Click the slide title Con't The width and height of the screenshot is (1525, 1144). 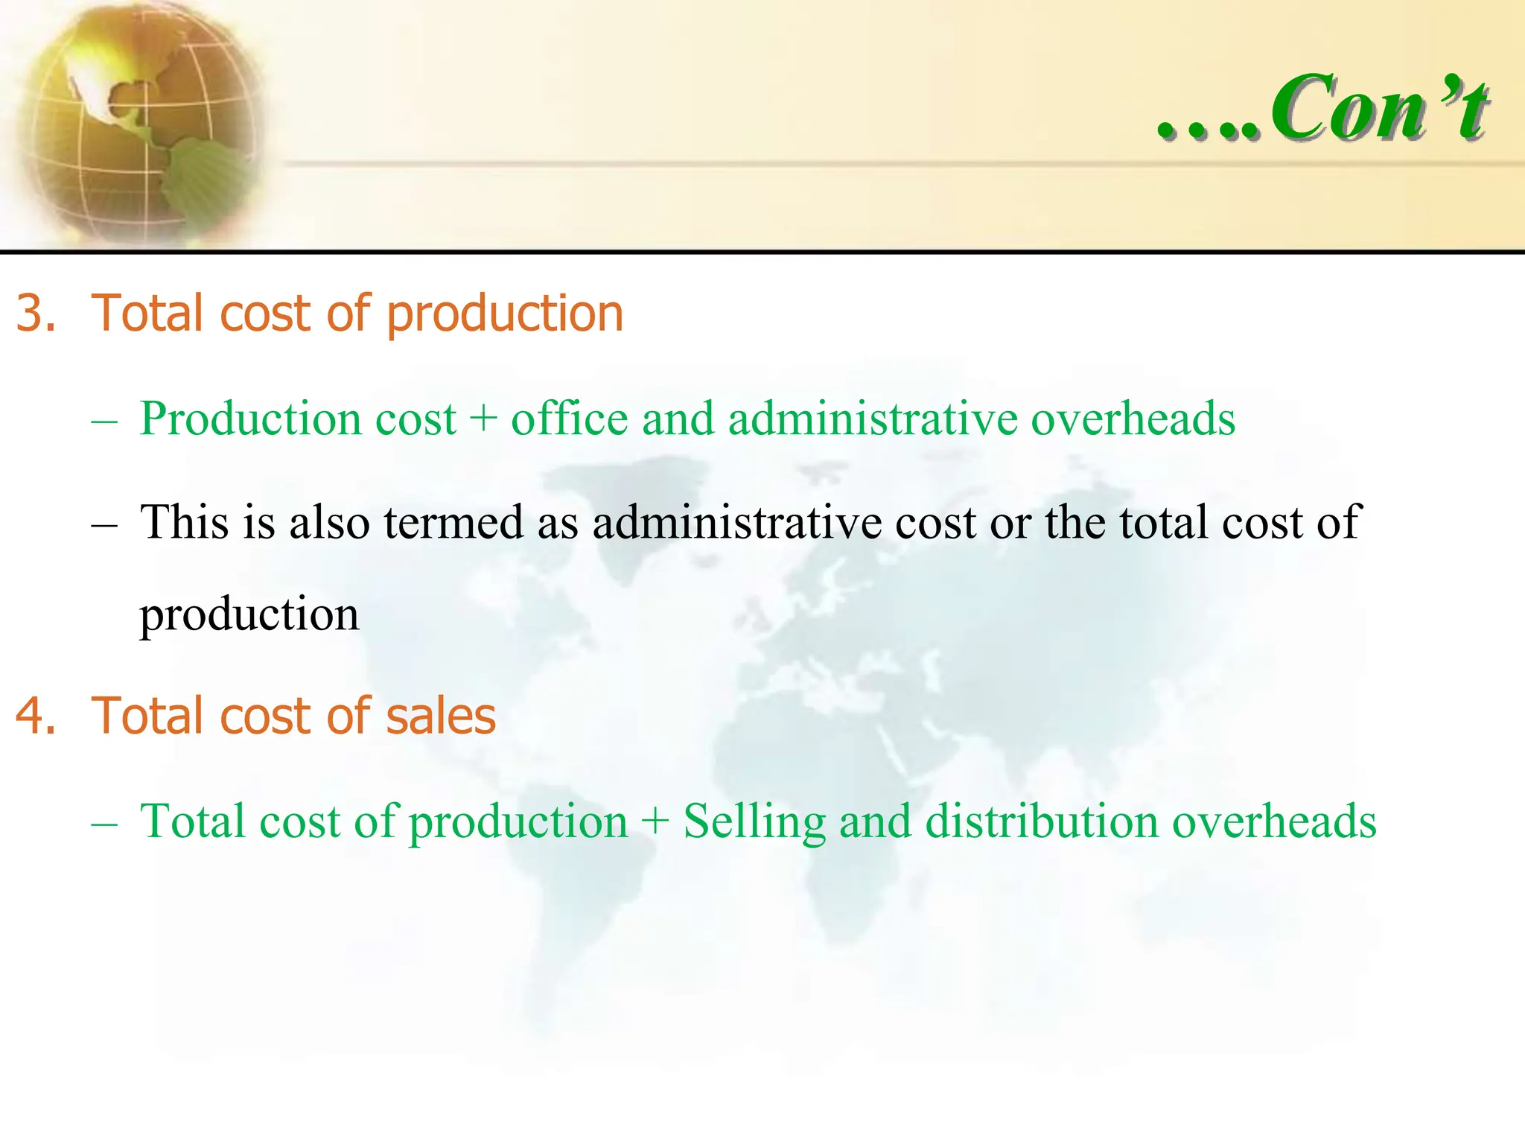click(x=1378, y=109)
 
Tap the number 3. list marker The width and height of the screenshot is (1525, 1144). click(x=36, y=313)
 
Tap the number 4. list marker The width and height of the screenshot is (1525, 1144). click(x=36, y=716)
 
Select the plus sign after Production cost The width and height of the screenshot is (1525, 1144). click(x=483, y=418)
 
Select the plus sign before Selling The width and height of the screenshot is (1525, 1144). click(x=655, y=821)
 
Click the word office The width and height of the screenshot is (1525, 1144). click(x=569, y=418)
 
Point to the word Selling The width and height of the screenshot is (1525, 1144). click(x=754, y=821)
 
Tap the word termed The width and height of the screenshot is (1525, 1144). click(x=453, y=521)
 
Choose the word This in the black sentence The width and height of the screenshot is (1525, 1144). click(x=184, y=521)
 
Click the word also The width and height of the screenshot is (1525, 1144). click(x=329, y=521)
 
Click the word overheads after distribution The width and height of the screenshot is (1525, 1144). click(x=1274, y=821)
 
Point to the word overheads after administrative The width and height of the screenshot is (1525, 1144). click(x=1133, y=418)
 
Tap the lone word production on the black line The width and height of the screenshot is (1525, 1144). click(x=249, y=615)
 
